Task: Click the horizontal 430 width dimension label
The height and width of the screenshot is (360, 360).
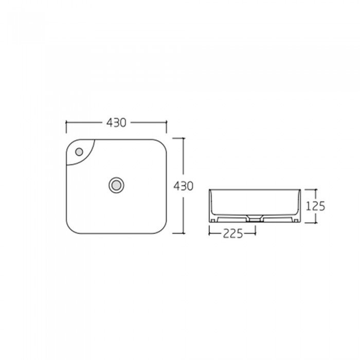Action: point(116,122)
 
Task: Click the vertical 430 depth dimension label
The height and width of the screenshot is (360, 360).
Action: point(183,186)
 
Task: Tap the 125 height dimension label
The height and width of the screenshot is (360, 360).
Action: point(315,206)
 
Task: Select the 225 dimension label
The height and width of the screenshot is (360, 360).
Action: point(233,233)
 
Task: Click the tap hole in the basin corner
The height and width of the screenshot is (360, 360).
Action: point(79,152)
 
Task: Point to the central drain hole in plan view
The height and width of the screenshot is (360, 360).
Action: point(116,185)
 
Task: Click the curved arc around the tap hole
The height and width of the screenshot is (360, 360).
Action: point(88,158)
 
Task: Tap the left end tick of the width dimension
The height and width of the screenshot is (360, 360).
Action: point(66,127)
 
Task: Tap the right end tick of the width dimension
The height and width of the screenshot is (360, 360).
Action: point(167,127)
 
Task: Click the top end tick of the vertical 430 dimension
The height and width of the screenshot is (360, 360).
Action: point(178,138)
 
